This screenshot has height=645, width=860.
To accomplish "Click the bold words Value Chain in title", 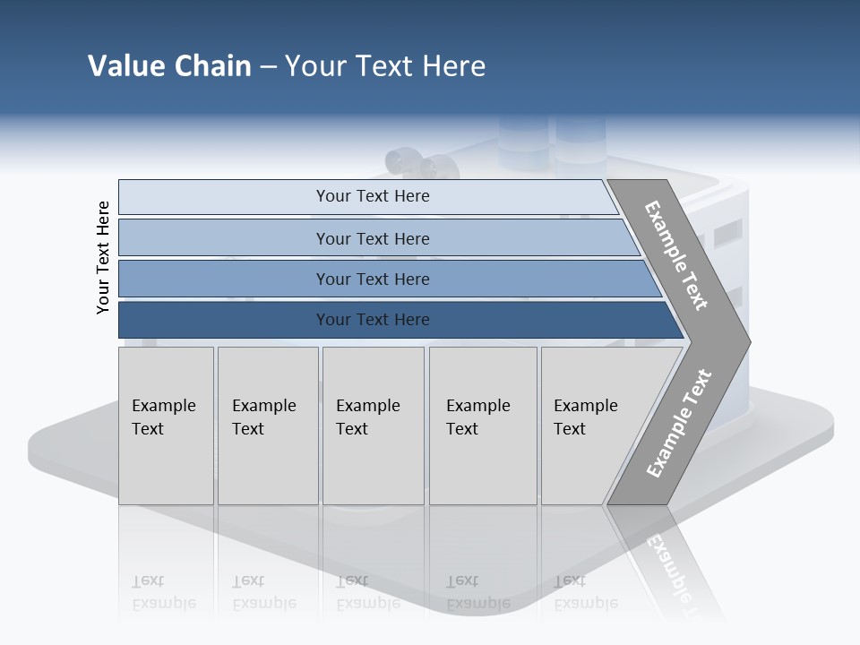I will click(x=169, y=66).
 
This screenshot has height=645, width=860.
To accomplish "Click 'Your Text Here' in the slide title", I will click(x=385, y=66).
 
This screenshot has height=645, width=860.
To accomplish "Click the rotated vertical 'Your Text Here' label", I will click(x=103, y=257).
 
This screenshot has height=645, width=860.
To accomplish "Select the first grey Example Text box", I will click(x=166, y=426).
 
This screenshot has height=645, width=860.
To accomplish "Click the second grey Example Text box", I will click(x=268, y=426).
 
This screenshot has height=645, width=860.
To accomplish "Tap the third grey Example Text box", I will click(x=373, y=426).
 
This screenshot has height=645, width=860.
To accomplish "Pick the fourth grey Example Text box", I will click(x=483, y=426).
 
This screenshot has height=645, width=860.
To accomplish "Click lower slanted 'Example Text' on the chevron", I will click(x=679, y=424).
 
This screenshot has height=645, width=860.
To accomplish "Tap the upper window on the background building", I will click(x=727, y=233).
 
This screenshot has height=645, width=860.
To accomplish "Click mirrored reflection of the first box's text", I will click(x=163, y=593).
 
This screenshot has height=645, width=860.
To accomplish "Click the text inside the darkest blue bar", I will click(x=373, y=320).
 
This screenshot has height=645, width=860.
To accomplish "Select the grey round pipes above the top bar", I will click(x=421, y=165).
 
